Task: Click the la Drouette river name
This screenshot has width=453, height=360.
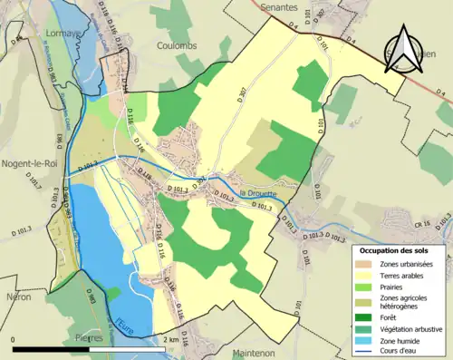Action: [258, 192]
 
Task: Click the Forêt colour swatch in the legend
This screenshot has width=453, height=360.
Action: [366, 316]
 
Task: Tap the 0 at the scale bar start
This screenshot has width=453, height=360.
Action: [14, 338]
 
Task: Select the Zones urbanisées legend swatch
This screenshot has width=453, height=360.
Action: [366, 263]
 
